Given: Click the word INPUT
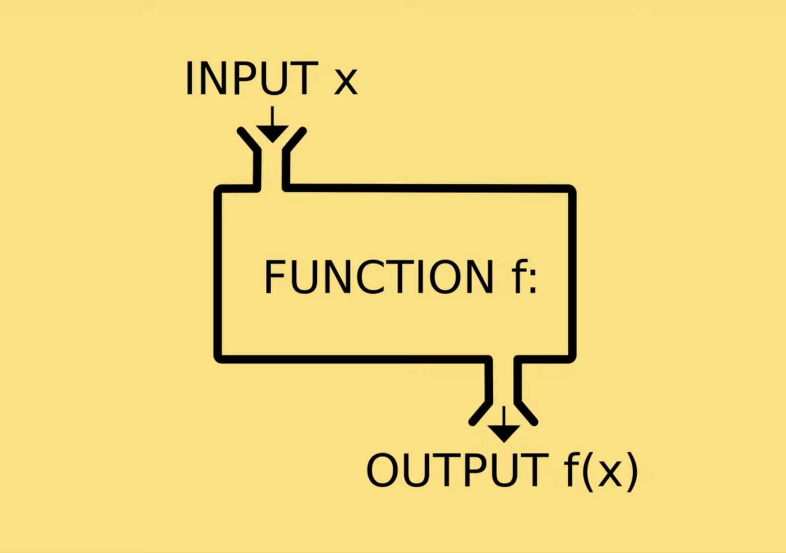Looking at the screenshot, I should [x=251, y=78].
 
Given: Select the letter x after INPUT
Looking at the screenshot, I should [x=346, y=82].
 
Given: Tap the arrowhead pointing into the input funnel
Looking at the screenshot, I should [x=272, y=134].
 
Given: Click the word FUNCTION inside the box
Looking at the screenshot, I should [x=379, y=276].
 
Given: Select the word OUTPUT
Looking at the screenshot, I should [x=457, y=470].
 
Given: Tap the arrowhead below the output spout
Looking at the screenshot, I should [x=504, y=433].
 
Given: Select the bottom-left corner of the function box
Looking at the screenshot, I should [x=219, y=357].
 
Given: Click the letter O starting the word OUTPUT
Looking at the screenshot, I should [x=383, y=470].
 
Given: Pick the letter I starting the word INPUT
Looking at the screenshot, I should [x=189, y=78].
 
